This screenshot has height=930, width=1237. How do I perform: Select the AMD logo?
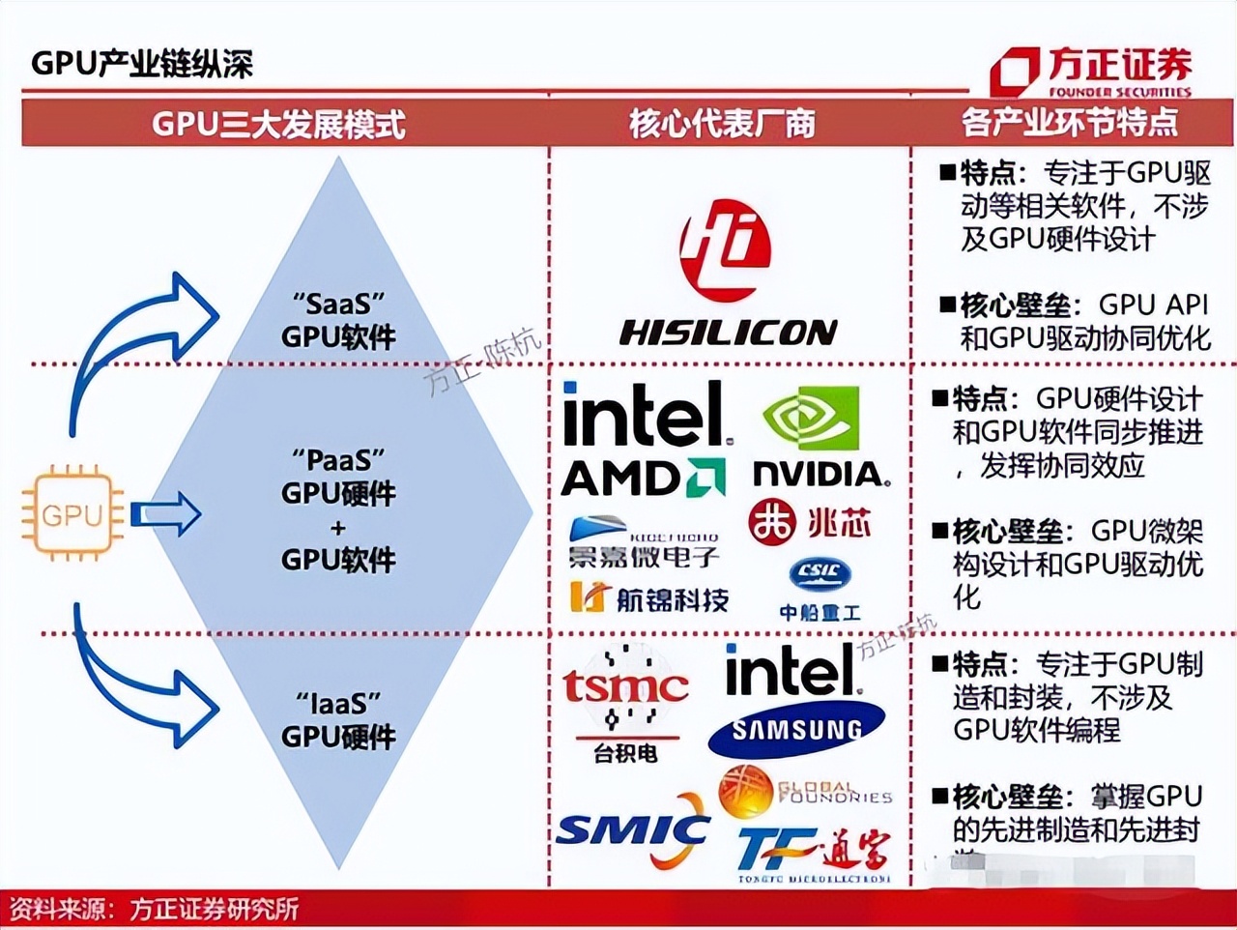tap(643, 479)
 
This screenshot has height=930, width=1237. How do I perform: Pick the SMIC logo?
tap(634, 830)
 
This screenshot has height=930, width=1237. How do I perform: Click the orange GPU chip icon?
tap(72, 513)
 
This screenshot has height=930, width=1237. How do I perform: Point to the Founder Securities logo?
tap(1091, 71)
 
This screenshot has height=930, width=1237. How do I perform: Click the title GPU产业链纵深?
tap(142, 64)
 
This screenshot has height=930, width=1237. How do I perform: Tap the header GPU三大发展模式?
tap(278, 124)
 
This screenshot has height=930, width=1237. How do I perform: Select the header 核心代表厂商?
tap(723, 124)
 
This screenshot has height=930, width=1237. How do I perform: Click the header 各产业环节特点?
tap(1070, 123)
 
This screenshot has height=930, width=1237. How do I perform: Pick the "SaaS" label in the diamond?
tap(338, 303)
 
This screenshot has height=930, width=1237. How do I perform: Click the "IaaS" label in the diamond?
tap(338, 702)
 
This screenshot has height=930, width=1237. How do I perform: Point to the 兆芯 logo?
tap(810, 523)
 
